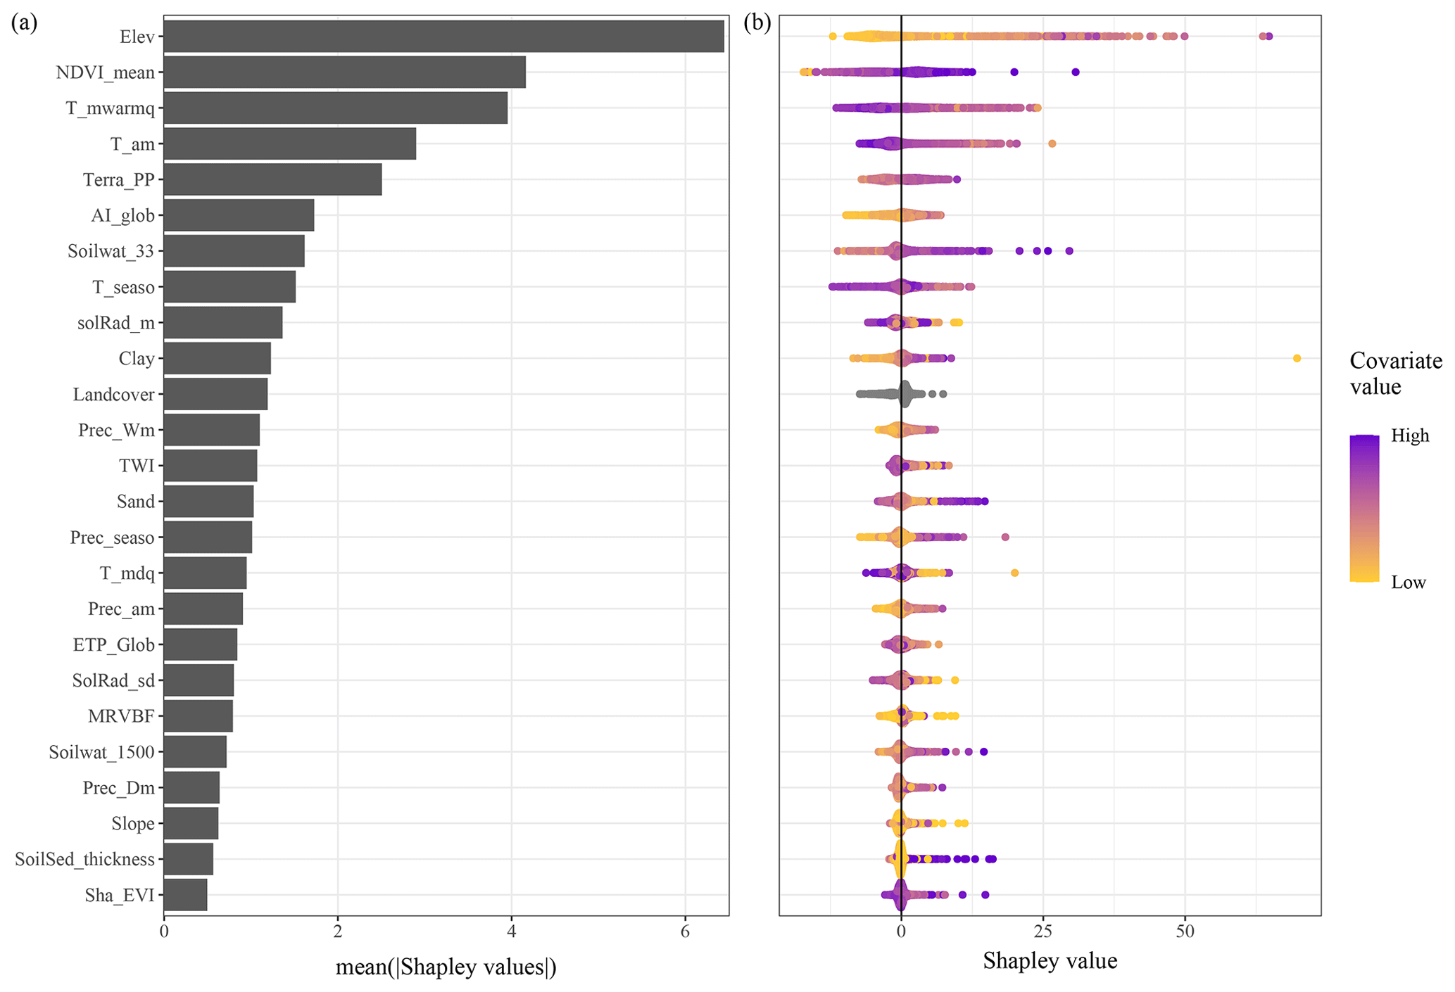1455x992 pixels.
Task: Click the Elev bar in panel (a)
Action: pos(443,37)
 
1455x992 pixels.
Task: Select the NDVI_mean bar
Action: pos(344,72)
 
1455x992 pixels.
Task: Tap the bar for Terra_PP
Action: pos(272,179)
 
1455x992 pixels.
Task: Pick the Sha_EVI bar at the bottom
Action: pos(185,895)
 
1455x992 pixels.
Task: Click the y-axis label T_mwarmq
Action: pos(111,108)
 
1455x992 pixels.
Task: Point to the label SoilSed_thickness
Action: pos(84,859)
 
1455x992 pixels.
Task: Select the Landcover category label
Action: pos(113,395)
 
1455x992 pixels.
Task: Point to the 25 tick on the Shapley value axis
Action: pos(1043,931)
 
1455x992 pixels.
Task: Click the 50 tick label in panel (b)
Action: pos(1185,931)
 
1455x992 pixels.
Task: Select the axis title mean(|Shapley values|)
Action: pos(446,967)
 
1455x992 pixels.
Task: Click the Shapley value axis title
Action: pos(1050,961)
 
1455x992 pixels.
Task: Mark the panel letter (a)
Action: pos(24,23)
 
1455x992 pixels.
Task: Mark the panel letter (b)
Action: pos(757,23)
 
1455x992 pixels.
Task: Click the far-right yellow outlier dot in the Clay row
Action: pos(1297,359)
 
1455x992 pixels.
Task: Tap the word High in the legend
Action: pos(1410,436)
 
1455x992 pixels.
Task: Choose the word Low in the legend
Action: pos(1408,583)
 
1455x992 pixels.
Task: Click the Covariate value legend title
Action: pos(1395,374)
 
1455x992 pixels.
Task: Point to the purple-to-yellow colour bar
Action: pos(1364,508)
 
